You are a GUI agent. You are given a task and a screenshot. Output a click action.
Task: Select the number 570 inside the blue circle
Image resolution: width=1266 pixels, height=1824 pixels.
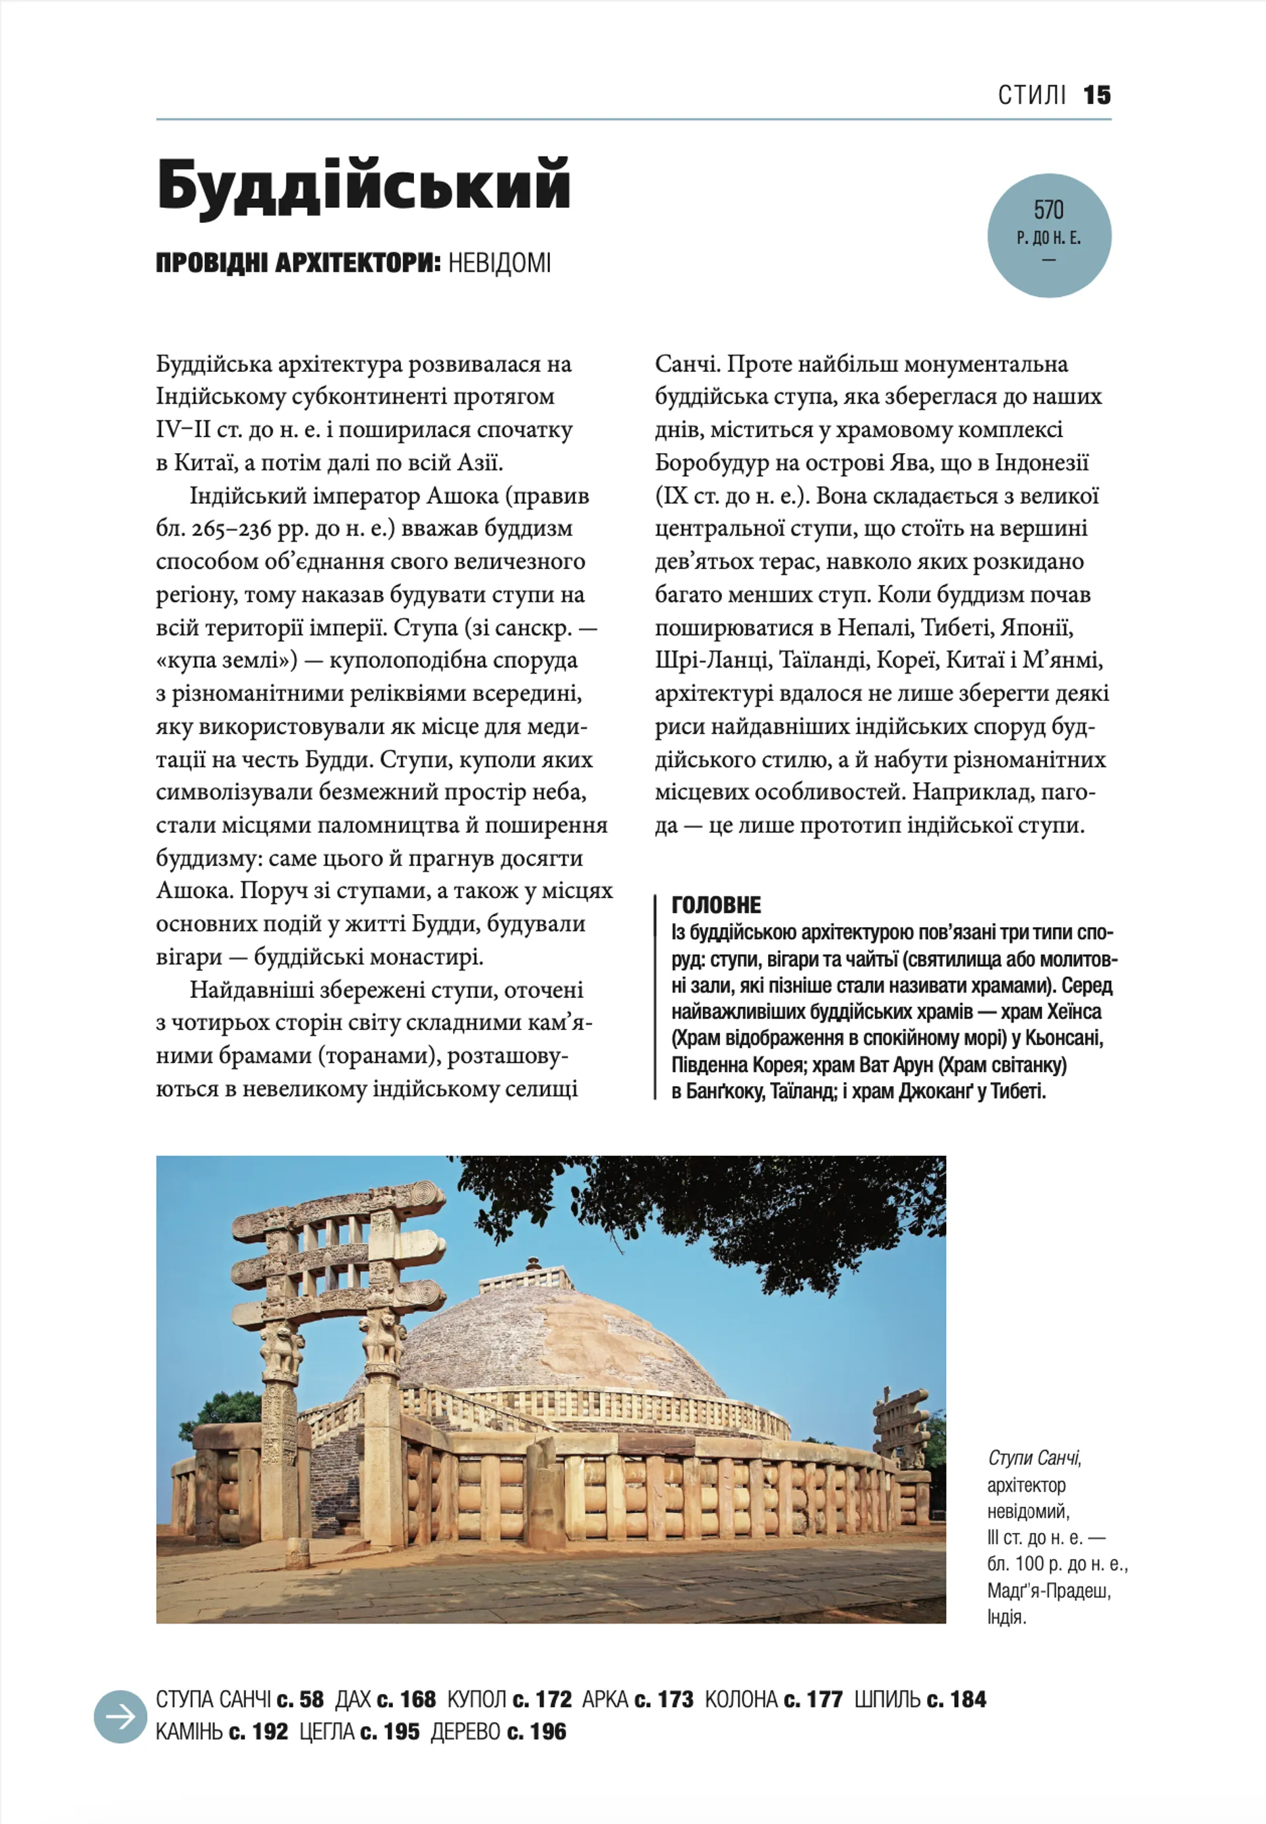click(x=1048, y=210)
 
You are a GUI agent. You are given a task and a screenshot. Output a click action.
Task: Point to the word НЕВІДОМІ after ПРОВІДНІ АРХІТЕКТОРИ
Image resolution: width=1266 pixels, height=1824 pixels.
click(x=499, y=263)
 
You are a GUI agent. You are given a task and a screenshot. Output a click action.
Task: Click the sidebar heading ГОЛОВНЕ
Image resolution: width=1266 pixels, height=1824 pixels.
click(x=716, y=905)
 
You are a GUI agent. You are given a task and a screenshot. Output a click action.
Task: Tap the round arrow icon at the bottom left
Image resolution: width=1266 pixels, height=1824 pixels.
click(x=121, y=1717)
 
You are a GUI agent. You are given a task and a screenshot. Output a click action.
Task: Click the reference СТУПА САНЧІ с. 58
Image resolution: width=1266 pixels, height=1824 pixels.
click(x=239, y=1699)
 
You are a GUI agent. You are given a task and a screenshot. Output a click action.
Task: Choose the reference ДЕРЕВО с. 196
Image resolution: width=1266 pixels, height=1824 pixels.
click(x=498, y=1732)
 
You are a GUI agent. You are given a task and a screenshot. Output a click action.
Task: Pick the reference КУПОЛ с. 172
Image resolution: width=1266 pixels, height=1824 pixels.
click(x=509, y=1699)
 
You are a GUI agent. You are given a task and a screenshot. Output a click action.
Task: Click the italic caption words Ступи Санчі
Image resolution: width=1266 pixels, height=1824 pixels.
click(x=1035, y=1458)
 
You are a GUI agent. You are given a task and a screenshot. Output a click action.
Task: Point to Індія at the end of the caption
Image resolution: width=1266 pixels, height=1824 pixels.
click(x=1007, y=1617)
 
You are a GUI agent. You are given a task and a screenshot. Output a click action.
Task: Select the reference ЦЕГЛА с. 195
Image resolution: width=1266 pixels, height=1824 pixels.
click(x=359, y=1732)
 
